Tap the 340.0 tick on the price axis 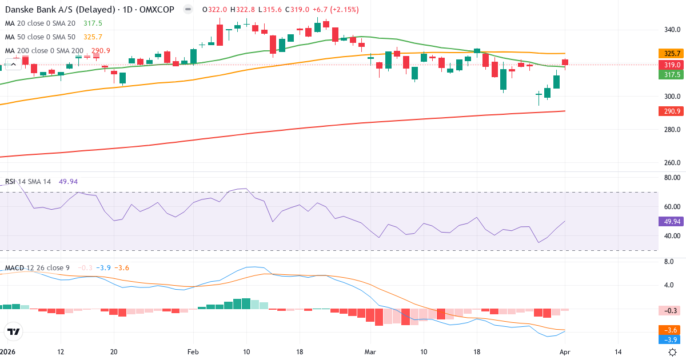pyautogui.click(x=671, y=30)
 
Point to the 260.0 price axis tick pyautogui.click(x=671, y=163)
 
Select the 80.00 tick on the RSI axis pyautogui.click(x=671, y=178)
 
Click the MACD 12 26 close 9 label pyautogui.click(x=38, y=268)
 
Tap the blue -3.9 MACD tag pyautogui.click(x=669, y=339)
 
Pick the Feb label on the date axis pyautogui.click(x=193, y=352)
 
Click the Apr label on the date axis pyautogui.click(x=565, y=352)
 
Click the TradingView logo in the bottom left pyautogui.click(x=13, y=331)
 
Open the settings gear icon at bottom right pyautogui.click(x=673, y=352)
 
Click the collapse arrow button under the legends pyautogui.click(x=13, y=64)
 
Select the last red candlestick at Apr pyautogui.click(x=565, y=62)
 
